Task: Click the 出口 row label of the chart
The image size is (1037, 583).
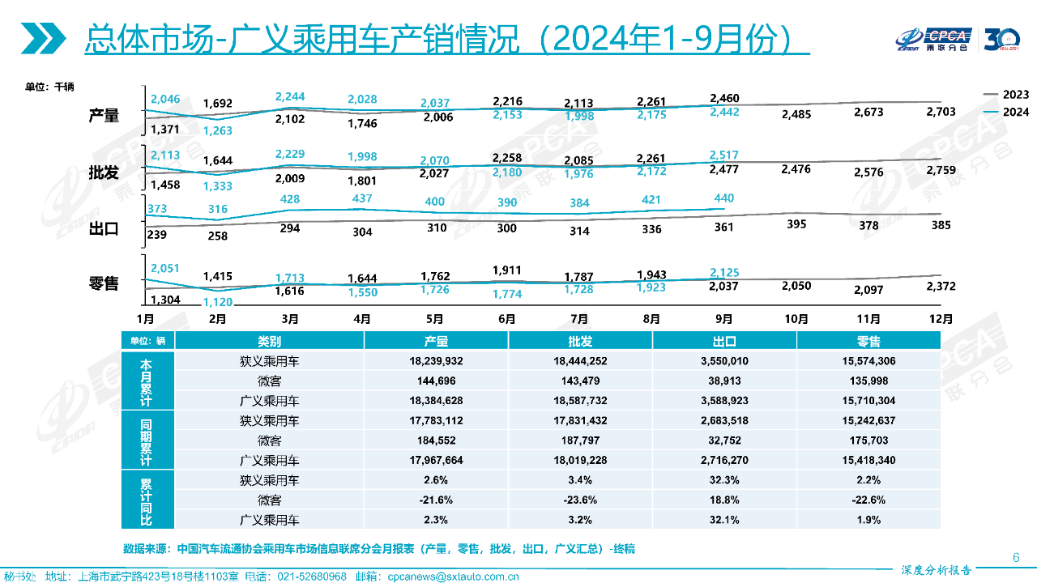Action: point(104,229)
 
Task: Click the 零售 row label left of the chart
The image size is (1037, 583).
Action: point(104,283)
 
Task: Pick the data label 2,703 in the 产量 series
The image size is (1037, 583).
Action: point(941,112)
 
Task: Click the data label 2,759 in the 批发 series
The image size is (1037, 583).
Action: point(941,169)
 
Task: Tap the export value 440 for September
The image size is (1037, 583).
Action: point(723,198)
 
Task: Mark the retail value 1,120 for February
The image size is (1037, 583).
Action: point(217,302)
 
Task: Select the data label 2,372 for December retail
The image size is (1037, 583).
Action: point(941,286)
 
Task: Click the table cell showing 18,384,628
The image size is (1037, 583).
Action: point(436,400)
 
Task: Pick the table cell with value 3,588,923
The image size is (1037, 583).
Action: point(724,400)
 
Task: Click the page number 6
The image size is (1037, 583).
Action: point(1016,557)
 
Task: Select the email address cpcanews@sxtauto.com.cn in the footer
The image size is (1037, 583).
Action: point(454,577)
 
